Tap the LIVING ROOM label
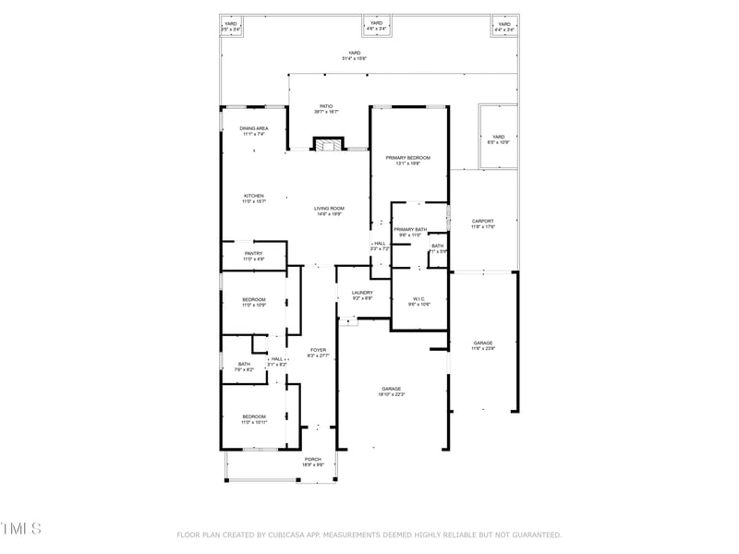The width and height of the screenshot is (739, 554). (x=329, y=209)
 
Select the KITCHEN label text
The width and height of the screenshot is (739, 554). (x=254, y=196)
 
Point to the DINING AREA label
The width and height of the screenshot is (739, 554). (x=254, y=128)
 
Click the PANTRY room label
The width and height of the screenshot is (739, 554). (x=254, y=254)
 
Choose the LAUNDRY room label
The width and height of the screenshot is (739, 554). (x=362, y=293)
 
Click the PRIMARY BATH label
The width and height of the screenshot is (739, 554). (x=409, y=229)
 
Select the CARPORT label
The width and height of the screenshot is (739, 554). (x=483, y=221)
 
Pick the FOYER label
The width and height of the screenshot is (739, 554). (x=318, y=350)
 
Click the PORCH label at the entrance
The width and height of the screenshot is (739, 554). (x=312, y=459)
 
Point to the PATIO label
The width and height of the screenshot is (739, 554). (x=326, y=106)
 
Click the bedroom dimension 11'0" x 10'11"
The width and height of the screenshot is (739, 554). (x=254, y=423)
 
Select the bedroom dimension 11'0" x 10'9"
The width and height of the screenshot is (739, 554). (x=254, y=306)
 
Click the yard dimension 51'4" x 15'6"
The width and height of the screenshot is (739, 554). (x=355, y=58)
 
